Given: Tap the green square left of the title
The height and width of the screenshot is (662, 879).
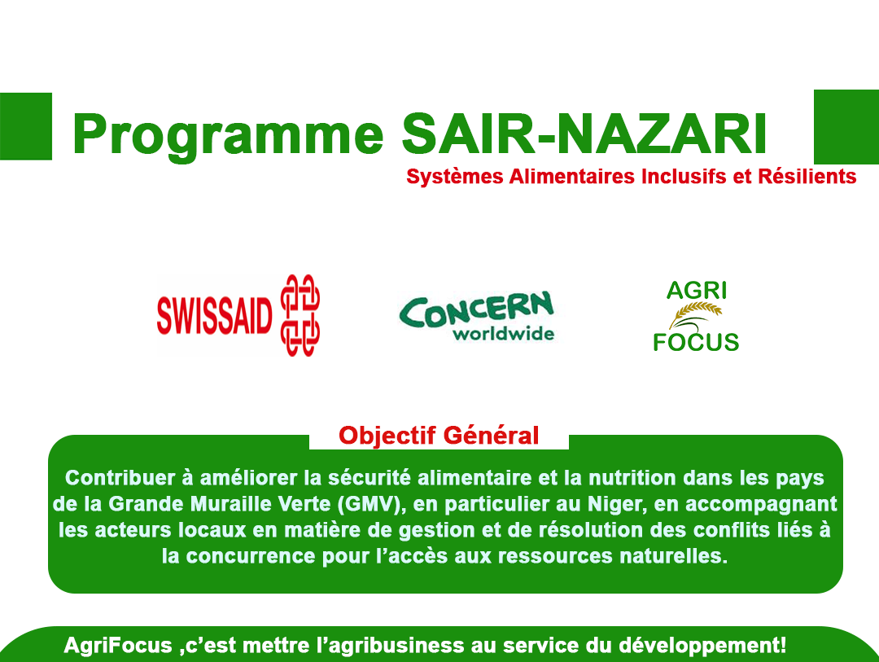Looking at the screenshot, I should tap(25, 126).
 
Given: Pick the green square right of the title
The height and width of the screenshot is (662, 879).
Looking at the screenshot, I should tap(846, 127).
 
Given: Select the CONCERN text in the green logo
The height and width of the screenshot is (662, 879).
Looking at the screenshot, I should tap(476, 309).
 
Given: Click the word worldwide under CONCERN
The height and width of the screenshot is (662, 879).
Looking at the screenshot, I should tap(503, 334).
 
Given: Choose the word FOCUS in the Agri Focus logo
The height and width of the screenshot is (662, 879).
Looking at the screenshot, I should tap(696, 341).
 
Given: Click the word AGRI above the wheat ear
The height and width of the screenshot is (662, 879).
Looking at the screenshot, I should tap(696, 290).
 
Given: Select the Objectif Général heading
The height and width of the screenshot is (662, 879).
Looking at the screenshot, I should tap(439, 436).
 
